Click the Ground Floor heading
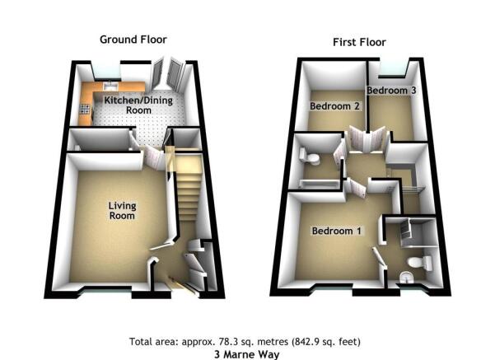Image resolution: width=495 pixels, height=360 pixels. click(133, 40)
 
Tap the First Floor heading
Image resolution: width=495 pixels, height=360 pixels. click(359, 42)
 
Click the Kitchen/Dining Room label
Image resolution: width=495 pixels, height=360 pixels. click(138, 105)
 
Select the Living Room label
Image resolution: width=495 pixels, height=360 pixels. click(122, 211)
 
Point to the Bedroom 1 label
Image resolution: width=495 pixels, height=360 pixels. click(336, 231)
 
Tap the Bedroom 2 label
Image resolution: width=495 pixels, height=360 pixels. click(334, 106)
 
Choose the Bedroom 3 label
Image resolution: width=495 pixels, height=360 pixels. click(391, 91)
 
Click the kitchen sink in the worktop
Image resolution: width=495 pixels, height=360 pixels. click(110, 85)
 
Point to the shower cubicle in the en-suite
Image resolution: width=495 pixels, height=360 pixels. click(417, 233)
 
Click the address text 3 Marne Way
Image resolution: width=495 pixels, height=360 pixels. click(247, 354)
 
